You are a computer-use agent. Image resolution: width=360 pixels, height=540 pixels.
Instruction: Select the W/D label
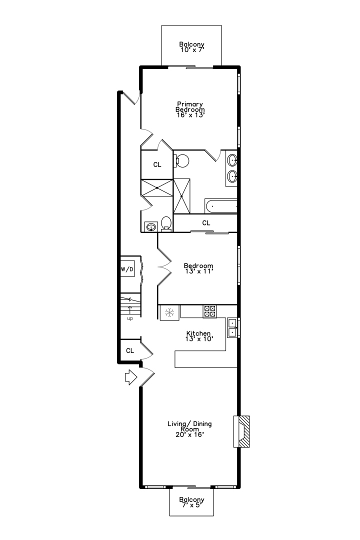coord(127,269)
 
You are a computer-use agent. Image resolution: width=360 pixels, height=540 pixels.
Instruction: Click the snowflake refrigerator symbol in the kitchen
coord(169,313)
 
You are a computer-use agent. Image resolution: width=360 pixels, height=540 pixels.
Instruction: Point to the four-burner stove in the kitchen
coord(209,311)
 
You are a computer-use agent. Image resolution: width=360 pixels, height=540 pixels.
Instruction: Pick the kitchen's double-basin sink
coord(232,327)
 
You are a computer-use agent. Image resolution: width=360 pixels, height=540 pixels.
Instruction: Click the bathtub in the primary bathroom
coord(220,205)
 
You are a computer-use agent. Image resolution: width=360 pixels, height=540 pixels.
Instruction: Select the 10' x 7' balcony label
coord(192,47)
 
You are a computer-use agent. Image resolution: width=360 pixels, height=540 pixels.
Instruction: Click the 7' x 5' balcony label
coord(192,502)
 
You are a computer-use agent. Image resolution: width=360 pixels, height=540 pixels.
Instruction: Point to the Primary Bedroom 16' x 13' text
coord(190,109)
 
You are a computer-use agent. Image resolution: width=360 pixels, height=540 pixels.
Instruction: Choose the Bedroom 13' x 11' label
coord(198,268)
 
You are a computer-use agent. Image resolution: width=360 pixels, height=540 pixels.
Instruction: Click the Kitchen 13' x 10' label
coord(198,336)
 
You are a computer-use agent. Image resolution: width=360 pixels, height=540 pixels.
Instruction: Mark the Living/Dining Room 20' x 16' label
coord(189,429)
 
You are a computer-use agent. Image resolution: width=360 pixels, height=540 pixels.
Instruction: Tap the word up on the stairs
coord(130,318)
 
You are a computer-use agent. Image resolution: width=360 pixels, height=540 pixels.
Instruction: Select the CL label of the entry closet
coord(129,350)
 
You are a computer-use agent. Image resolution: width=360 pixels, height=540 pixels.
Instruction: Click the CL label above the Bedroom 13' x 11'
coord(206,222)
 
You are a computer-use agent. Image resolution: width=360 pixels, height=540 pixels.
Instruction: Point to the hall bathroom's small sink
coord(150,227)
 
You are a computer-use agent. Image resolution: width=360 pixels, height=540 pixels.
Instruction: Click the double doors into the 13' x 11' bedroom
coord(163,267)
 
